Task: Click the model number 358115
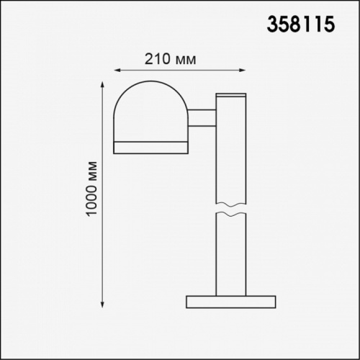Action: pyautogui.click(x=301, y=24)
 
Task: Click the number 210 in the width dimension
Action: pyautogui.click(x=157, y=59)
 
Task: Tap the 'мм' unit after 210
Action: pyautogui.click(x=186, y=60)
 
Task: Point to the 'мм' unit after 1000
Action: pyautogui.click(x=93, y=171)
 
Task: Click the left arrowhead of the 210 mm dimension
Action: pyautogui.click(x=117, y=71)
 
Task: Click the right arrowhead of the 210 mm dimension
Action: pyautogui.click(x=243, y=71)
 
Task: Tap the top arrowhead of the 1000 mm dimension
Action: pyautogui.click(x=102, y=85)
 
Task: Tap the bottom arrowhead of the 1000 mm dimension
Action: pyautogui.click(x=102, y=305)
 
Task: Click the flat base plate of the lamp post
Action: pyautogui.click(x=231, y=302)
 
